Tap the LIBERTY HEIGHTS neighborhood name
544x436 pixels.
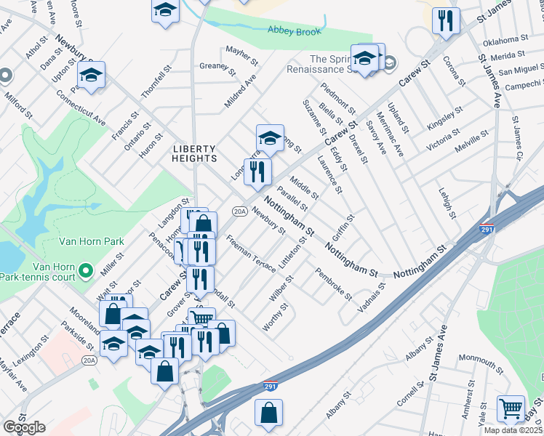pyautogui.click(x=194, y=153)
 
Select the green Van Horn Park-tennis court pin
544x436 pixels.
pyautogui.click(x=85, y=272)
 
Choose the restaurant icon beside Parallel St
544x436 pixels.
pyautogui.click(x=259, y=171)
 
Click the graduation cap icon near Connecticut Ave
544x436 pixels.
pyautogui.click(x=92, y=75)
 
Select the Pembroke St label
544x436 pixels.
pyautogui.click(x=334, y=286)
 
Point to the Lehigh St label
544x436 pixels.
pyautogui.click(x=447, y=203)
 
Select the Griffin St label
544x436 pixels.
pyautogui.click(x=343, y=227)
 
